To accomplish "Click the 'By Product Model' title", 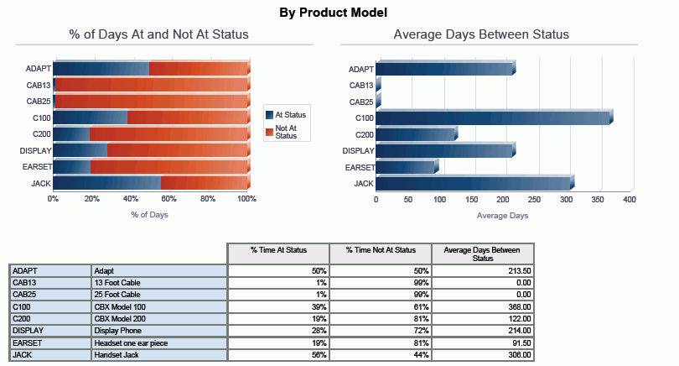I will [x=334, y=13].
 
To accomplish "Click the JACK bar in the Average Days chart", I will [x=474, y=183].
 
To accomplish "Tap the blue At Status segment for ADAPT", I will [x=101, y=69].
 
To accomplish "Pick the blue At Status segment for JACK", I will [x=106, y=183].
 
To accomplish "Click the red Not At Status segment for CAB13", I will [x=151, y=85].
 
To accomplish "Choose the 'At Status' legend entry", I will [x=286, y=114].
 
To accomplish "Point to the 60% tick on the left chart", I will [x=169, y=199].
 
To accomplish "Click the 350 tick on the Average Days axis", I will [x=599, y=200].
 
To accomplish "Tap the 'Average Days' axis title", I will [x=502, y=216].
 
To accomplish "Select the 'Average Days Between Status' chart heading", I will [x=481, y=34].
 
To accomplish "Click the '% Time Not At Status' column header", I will [x=381, y=250].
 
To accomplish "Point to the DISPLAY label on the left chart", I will [x=35, y=151].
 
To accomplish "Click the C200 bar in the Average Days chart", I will [x=416, y=134].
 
